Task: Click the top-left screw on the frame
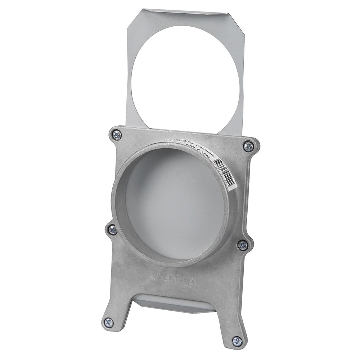(x=117, y=135)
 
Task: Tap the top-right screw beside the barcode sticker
(x=248, y=146)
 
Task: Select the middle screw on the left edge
(x=112, y=229)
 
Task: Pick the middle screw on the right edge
(x=243, y=245)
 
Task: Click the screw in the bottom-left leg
(x=108, y=322)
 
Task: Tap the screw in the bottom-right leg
(x=237, y=341)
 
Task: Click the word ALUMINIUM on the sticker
(x=200, y=144)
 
